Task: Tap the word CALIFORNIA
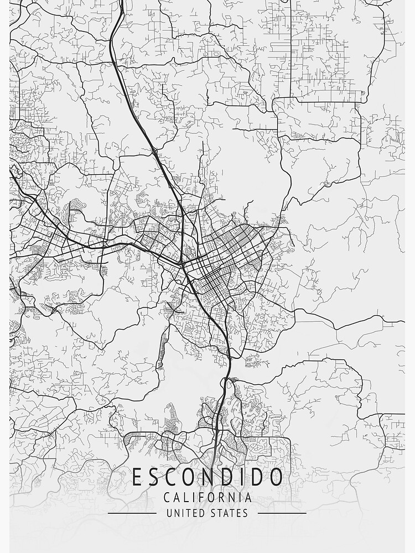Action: click(207, 497)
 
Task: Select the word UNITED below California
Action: click(186, 513)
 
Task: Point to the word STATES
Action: click(229, 513)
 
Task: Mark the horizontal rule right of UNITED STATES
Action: click(282, 513)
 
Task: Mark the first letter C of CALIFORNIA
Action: click(167, 497)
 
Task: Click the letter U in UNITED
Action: click(169, 513)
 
